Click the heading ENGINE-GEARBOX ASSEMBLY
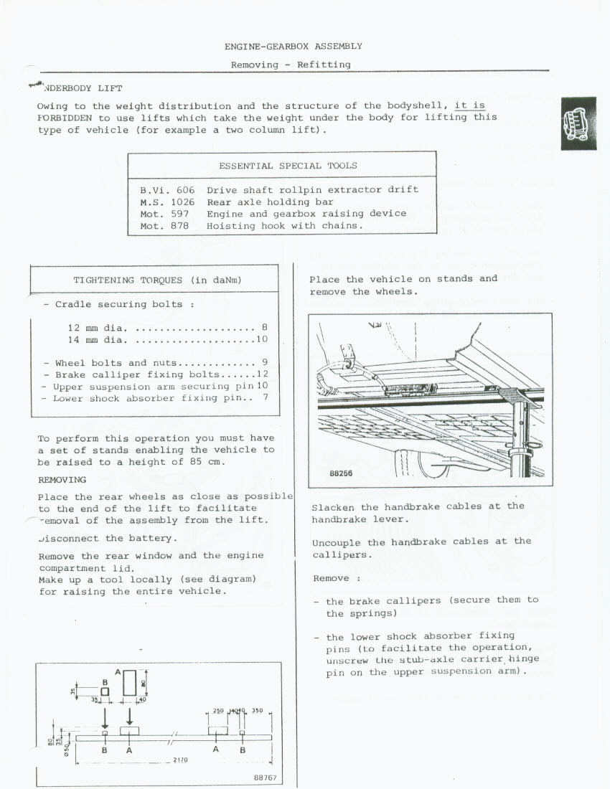[x=293, y=46]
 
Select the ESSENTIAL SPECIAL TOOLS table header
[x=288, y=166]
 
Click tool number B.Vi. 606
[x=167, y=190]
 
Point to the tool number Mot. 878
[x=164, y=225]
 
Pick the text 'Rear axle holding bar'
[x=270, y=202]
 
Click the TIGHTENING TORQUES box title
[x=157, y=280]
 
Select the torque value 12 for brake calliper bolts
[x=262, y=374]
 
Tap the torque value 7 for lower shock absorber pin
[x=266, y=397]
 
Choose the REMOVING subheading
[x=62, y=480]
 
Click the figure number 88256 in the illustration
[x=341, y=473]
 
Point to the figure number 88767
[x=265, y=778]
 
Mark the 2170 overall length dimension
[x=180, y=759]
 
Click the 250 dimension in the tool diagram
[x=217, y=711]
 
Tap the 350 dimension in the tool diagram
[x=257, y=711]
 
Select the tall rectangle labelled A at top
[x=130, y=682]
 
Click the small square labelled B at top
[x=105, y=691]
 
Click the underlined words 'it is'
[x=469, y=105]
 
